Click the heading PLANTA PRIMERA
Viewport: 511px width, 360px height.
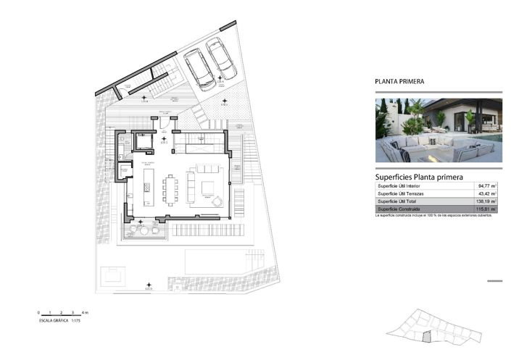tap(399, 82)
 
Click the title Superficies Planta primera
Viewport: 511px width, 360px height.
tap(419, 176)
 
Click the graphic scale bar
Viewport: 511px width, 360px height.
tap(63, 314)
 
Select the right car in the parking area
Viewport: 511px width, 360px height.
tap(221, 58)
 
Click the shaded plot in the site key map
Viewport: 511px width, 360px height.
tap(428, 336)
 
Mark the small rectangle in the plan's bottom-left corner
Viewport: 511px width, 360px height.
tap(112, 275)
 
